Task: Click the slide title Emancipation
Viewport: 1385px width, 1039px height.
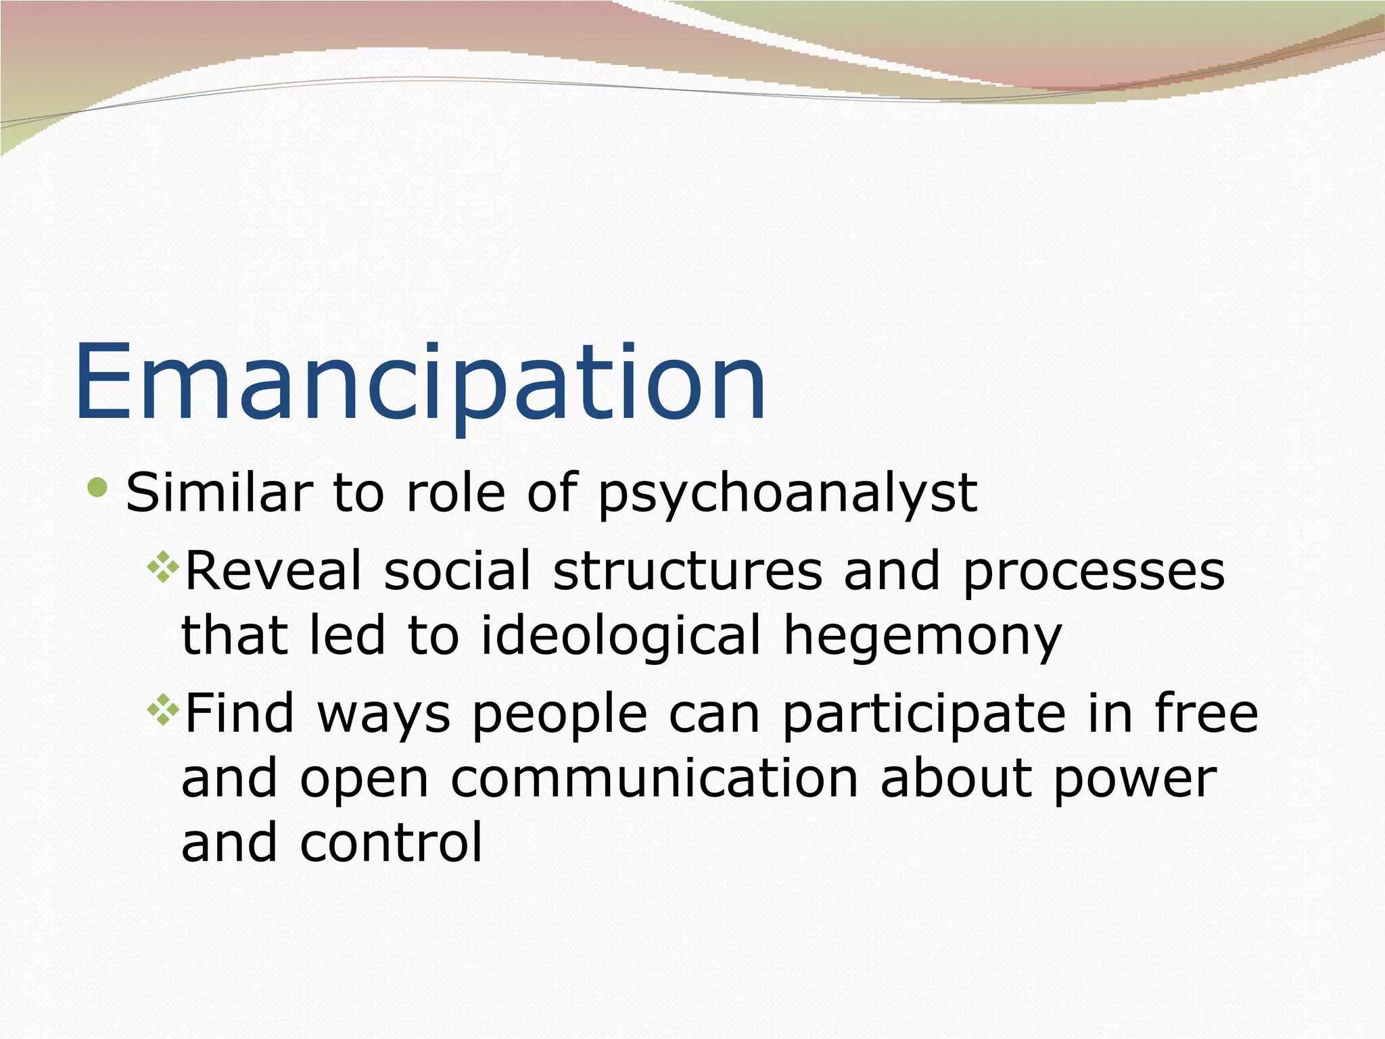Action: point(420,384)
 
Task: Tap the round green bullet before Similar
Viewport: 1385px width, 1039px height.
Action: point(97,487)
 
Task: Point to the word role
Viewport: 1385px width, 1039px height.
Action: point(455,492)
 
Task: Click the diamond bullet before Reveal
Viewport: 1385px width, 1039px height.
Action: point(162,567)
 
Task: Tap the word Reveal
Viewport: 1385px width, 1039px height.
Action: point(273,570)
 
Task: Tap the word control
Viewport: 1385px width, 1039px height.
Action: point(391,842)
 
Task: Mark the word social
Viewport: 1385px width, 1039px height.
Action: point(457,570)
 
